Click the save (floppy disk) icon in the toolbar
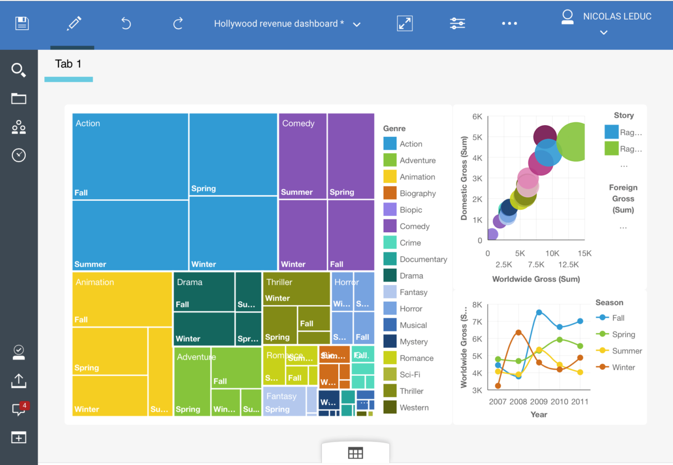[x=22, y=24]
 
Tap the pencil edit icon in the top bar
[x=73, y=24]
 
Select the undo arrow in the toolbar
[x=126, y=24]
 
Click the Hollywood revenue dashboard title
[x=279, y=24]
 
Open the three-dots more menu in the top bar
[x=509, y=24]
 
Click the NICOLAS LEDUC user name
[x=617, y=17]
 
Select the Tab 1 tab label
[x=68, y=64]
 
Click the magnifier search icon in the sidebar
[x=19, y=70]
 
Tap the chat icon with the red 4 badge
[x=19, y=409]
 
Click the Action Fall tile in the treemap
[x=130, y=156]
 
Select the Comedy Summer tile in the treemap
[x=303, y=156]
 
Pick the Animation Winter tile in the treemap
[x=110, y=395]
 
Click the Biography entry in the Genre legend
[x=417, y=194]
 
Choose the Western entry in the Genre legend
[x=414, y=408]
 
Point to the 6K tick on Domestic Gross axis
[x=477, y=117]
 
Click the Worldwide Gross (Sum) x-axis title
[x=536, y=279]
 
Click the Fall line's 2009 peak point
[x=539, y=312]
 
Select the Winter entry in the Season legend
[x=623, y=367]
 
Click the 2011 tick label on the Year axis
[x=580, y=402]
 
